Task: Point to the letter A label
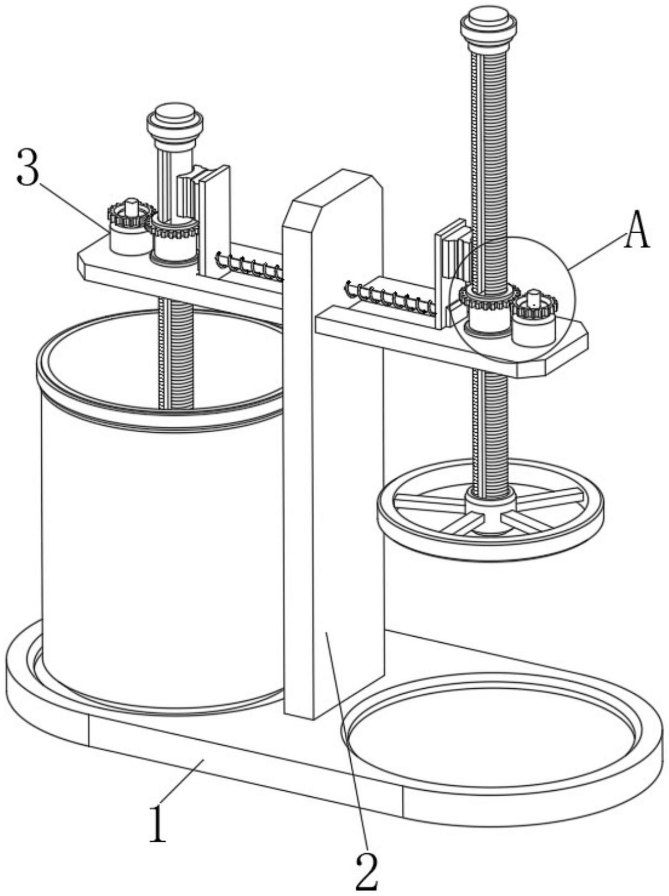(638, 231)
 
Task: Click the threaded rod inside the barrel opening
(176, 358)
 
